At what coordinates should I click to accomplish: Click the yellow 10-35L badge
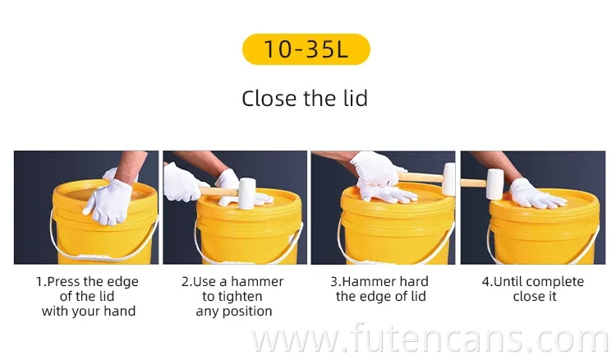(x=306, y=49)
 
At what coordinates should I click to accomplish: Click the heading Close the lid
(x=305, y=99)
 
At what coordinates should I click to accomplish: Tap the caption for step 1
(x=88, y=297)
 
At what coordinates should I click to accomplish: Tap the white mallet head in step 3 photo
(x=448, y=178)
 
